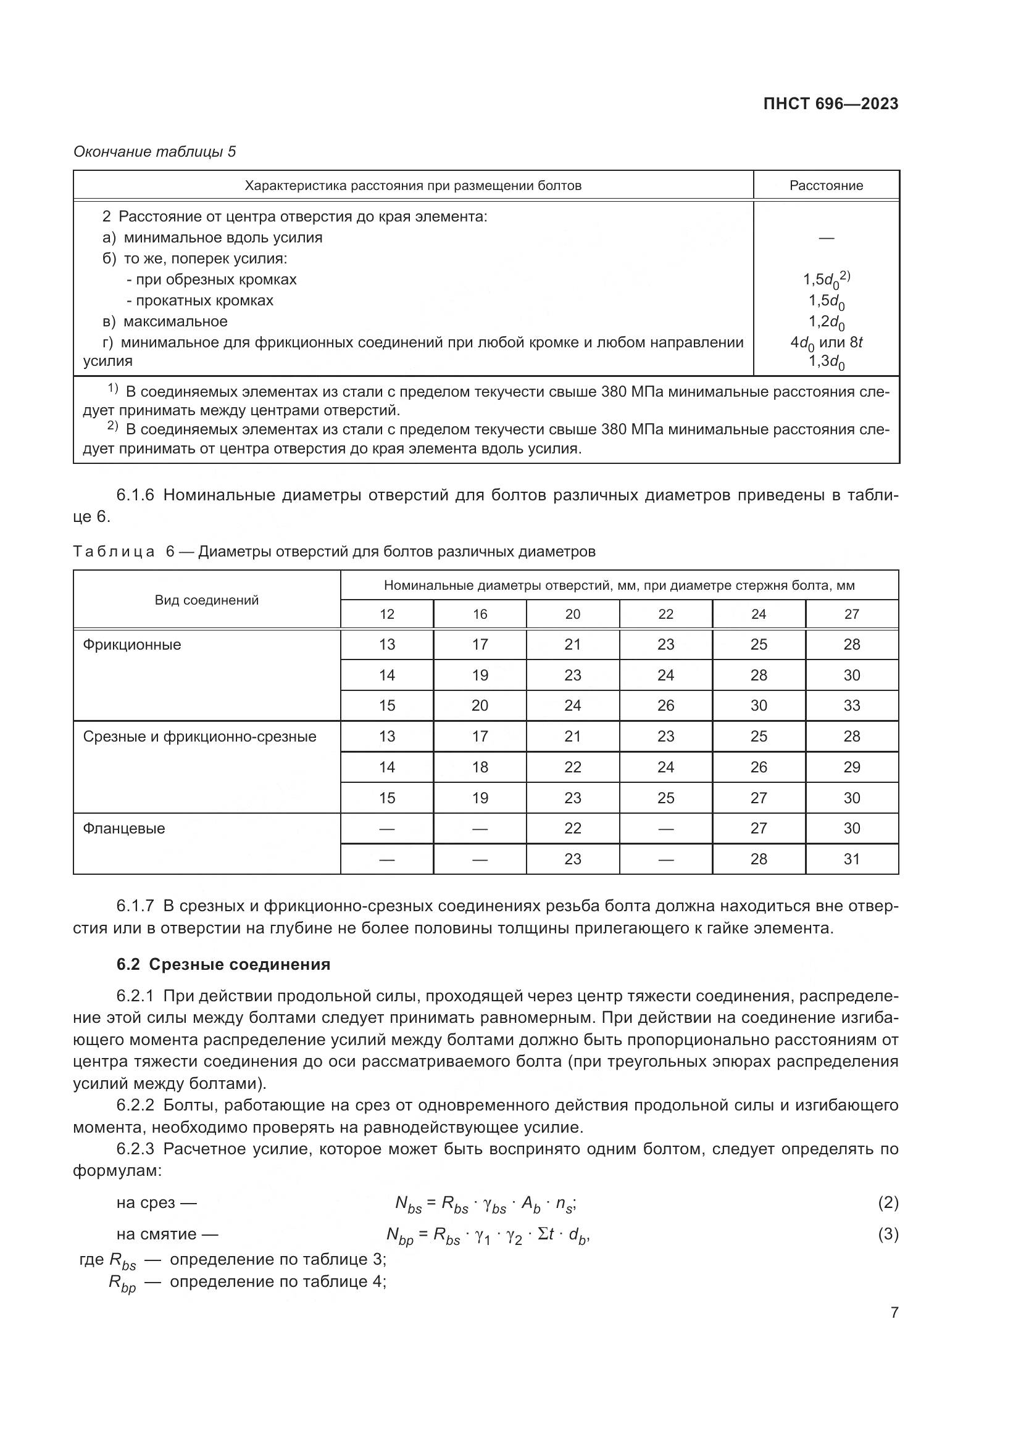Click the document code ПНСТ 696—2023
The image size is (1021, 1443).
830,104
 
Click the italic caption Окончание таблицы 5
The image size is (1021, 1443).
155,152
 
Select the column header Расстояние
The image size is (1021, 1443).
826,186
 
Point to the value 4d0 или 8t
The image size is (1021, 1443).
826,342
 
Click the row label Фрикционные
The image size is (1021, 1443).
132,645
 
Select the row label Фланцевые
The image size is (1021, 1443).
124,829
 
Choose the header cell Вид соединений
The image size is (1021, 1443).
207,600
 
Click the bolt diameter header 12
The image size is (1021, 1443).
387,614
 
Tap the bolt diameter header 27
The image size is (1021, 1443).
852,614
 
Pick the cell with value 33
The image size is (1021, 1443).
852,706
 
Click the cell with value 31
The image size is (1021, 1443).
852,859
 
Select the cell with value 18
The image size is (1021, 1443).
480,767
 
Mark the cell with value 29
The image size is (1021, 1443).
852,767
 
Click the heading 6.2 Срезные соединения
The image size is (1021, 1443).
223,964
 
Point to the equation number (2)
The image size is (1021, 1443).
888,1203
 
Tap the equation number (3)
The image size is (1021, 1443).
888,1234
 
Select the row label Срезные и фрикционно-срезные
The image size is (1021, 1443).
200,737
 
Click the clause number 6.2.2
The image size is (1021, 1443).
135,1105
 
